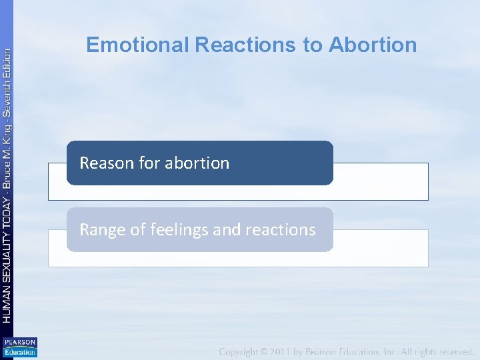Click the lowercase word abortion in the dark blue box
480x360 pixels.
[x=197, y=163]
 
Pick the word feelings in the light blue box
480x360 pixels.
[x=179, y=230]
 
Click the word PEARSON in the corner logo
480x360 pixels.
[x=20, y=342]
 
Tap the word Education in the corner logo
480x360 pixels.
[x=20, y=351]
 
